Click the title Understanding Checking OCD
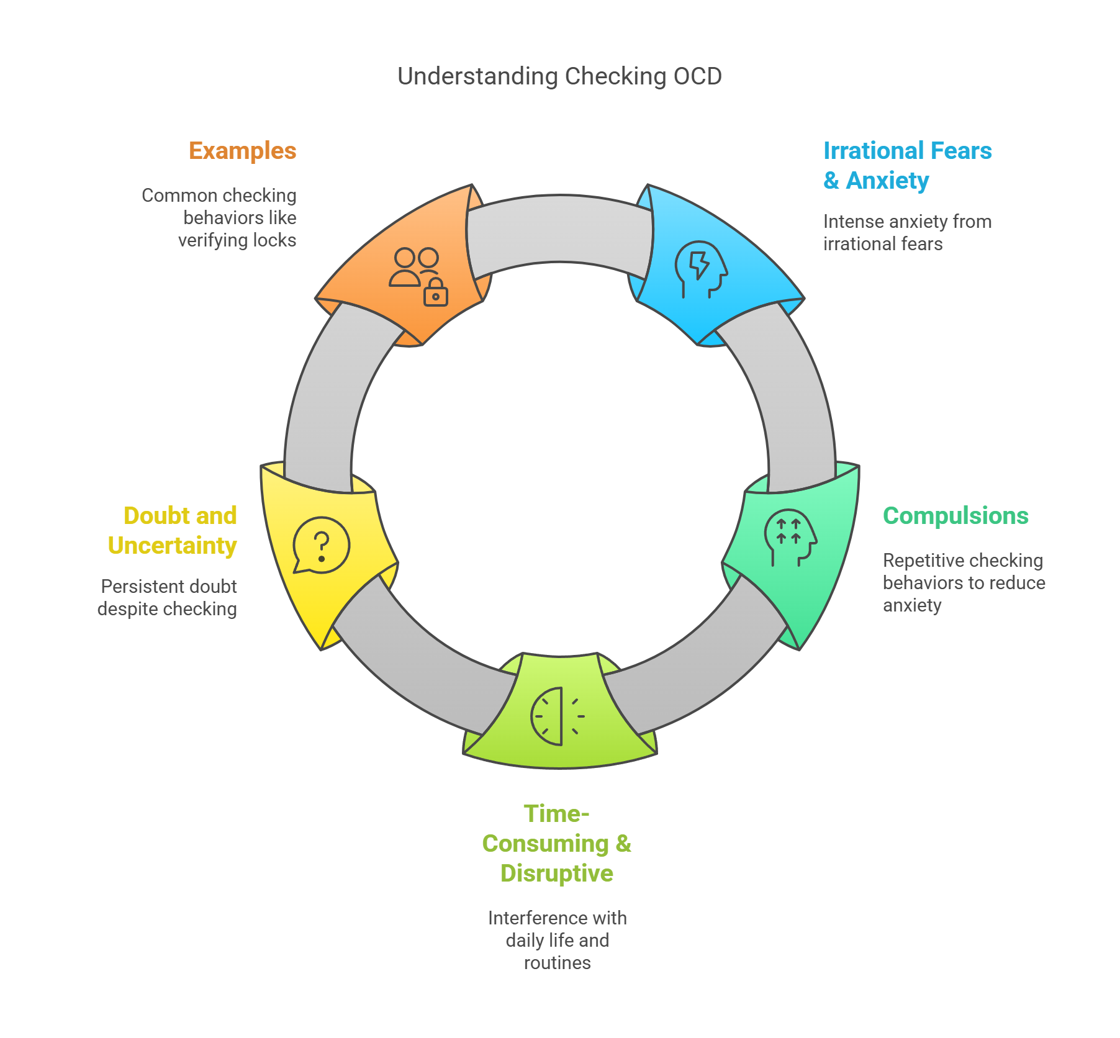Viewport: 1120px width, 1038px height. pos(559,76)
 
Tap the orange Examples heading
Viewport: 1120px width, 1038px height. pos(242,151)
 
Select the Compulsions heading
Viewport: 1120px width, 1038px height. pos(955,516)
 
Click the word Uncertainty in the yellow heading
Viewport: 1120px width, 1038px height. pos(172,546)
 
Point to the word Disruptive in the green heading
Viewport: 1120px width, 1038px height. pos(556,873)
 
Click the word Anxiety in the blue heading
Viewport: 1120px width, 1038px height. pos(887,181)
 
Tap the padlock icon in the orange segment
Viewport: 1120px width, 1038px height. pos(435,293)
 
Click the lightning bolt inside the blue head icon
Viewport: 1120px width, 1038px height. pos(700,265)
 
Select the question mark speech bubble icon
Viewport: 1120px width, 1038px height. pos(321,546)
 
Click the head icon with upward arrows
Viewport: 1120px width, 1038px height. pos(789,537)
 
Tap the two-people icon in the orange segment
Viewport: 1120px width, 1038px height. pos(414,267)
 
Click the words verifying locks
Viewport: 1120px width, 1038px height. pos(237,240)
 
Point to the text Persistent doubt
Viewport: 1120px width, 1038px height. pos(169,587)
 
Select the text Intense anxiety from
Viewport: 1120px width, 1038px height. pos(906,222)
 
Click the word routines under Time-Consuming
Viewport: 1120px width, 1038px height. pos(557,963)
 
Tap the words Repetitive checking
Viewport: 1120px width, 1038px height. pos(962,561)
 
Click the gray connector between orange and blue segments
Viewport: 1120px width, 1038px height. pos(559,230)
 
